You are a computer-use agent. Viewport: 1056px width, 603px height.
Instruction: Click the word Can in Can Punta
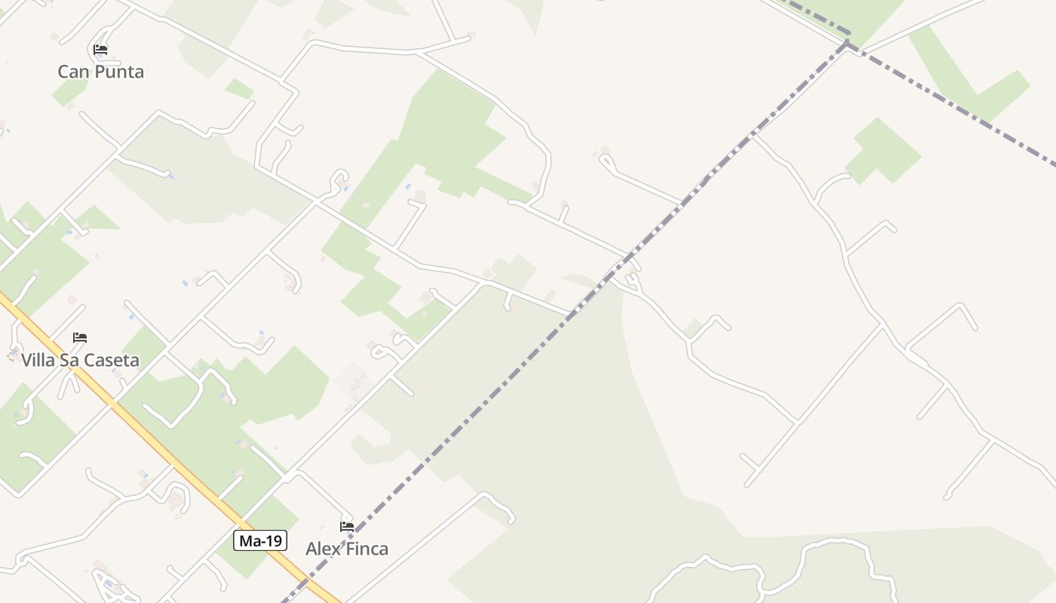tap(71, 72)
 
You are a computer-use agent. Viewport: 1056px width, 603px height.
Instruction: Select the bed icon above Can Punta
tap(100, 51)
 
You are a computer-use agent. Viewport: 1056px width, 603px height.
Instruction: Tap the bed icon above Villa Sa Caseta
tap(80, 338)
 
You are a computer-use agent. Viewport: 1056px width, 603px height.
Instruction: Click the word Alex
tap(321, 549)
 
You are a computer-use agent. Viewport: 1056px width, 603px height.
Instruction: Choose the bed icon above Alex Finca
tap(347, 527)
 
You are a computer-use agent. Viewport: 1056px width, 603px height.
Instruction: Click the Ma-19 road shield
tap(260, 540)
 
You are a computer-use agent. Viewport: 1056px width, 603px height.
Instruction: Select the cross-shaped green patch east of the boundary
tap(881, 151)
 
